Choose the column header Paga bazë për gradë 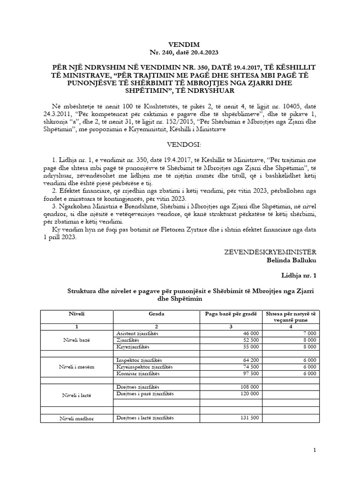coord(231,313)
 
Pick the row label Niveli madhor coord(77,418)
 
